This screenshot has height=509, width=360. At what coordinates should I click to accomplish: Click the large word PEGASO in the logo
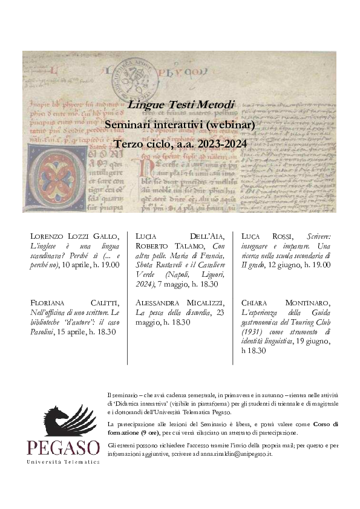64,448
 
